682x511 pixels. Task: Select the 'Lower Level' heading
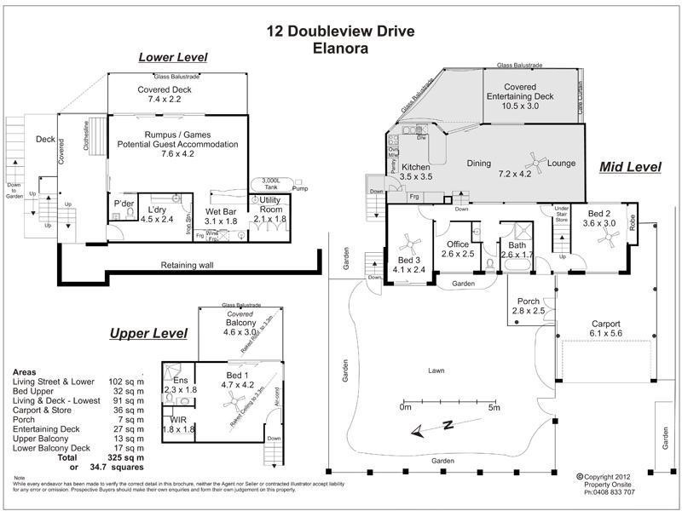[x=173, y=58]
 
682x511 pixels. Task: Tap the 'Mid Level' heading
[x=631, y=166]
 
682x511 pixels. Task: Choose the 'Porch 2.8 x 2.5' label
[x=528, y=306]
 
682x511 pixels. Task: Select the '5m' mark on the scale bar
[x=494, y=409]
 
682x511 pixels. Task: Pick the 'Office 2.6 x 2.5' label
[x=458, y=249]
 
